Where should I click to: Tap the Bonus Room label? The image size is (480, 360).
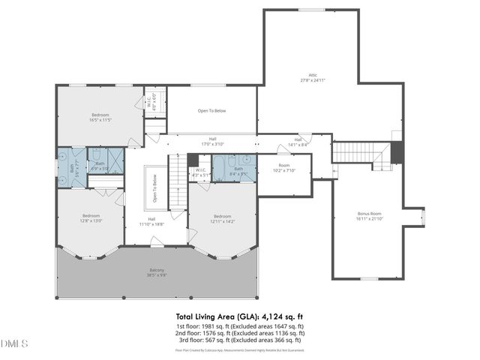(369, 216)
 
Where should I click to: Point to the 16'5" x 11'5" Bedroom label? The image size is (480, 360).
(100, 117)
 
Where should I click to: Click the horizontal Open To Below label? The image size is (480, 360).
(211, 111)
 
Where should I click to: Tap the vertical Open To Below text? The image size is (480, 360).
(155, 188)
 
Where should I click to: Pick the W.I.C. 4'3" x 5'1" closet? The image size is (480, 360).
(200, 172)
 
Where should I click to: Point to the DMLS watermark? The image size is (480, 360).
(14, 343)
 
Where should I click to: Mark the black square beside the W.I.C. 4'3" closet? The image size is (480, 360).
(193, 159)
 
